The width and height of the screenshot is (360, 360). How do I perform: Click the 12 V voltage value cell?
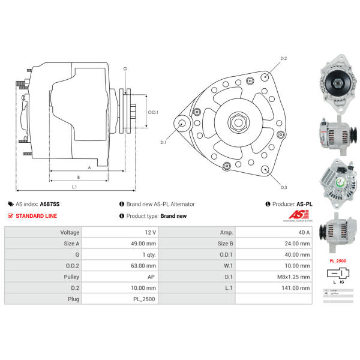[150, 232]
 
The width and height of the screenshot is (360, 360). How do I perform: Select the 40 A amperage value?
[303, 232]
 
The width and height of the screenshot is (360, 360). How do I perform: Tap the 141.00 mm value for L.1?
[296, 287]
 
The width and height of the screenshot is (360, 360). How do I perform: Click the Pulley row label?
[70, 277]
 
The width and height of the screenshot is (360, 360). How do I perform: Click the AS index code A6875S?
[50, 204]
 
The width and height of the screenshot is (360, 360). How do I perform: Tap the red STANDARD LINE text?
[36, 216]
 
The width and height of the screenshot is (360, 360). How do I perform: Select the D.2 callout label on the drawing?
[284, 58]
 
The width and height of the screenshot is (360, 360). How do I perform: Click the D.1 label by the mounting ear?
[163, 143]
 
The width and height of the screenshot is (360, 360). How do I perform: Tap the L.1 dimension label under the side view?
[74, 188]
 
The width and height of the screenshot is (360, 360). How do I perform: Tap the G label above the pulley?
[125, 69]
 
